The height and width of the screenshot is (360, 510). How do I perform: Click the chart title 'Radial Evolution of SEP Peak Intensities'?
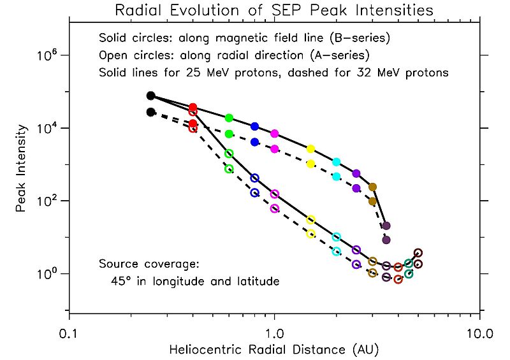tap(273, 10)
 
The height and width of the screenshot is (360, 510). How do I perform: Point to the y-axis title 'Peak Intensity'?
tap(21, 168)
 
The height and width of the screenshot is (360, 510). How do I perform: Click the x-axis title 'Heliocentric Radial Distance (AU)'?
tap(273, 349)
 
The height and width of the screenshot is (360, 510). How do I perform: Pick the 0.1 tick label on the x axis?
tap(69, 333)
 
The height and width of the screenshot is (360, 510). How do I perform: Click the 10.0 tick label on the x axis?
tap(479, 333)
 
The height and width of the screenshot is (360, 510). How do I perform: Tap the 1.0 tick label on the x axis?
tap(274, 333)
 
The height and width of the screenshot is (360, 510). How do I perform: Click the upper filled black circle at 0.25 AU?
tap(151, 96)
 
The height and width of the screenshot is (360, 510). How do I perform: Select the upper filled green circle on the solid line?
tap(229, 118)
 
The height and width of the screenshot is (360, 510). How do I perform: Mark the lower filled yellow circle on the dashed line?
tap(311, 164)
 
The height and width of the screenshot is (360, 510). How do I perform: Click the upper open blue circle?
tap(255, 178)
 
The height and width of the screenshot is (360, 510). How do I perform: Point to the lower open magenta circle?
tap(275, 209)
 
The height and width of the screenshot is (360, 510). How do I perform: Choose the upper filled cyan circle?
tap(337, 162)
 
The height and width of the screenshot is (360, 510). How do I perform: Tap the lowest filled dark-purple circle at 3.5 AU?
tap(386, 240)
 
